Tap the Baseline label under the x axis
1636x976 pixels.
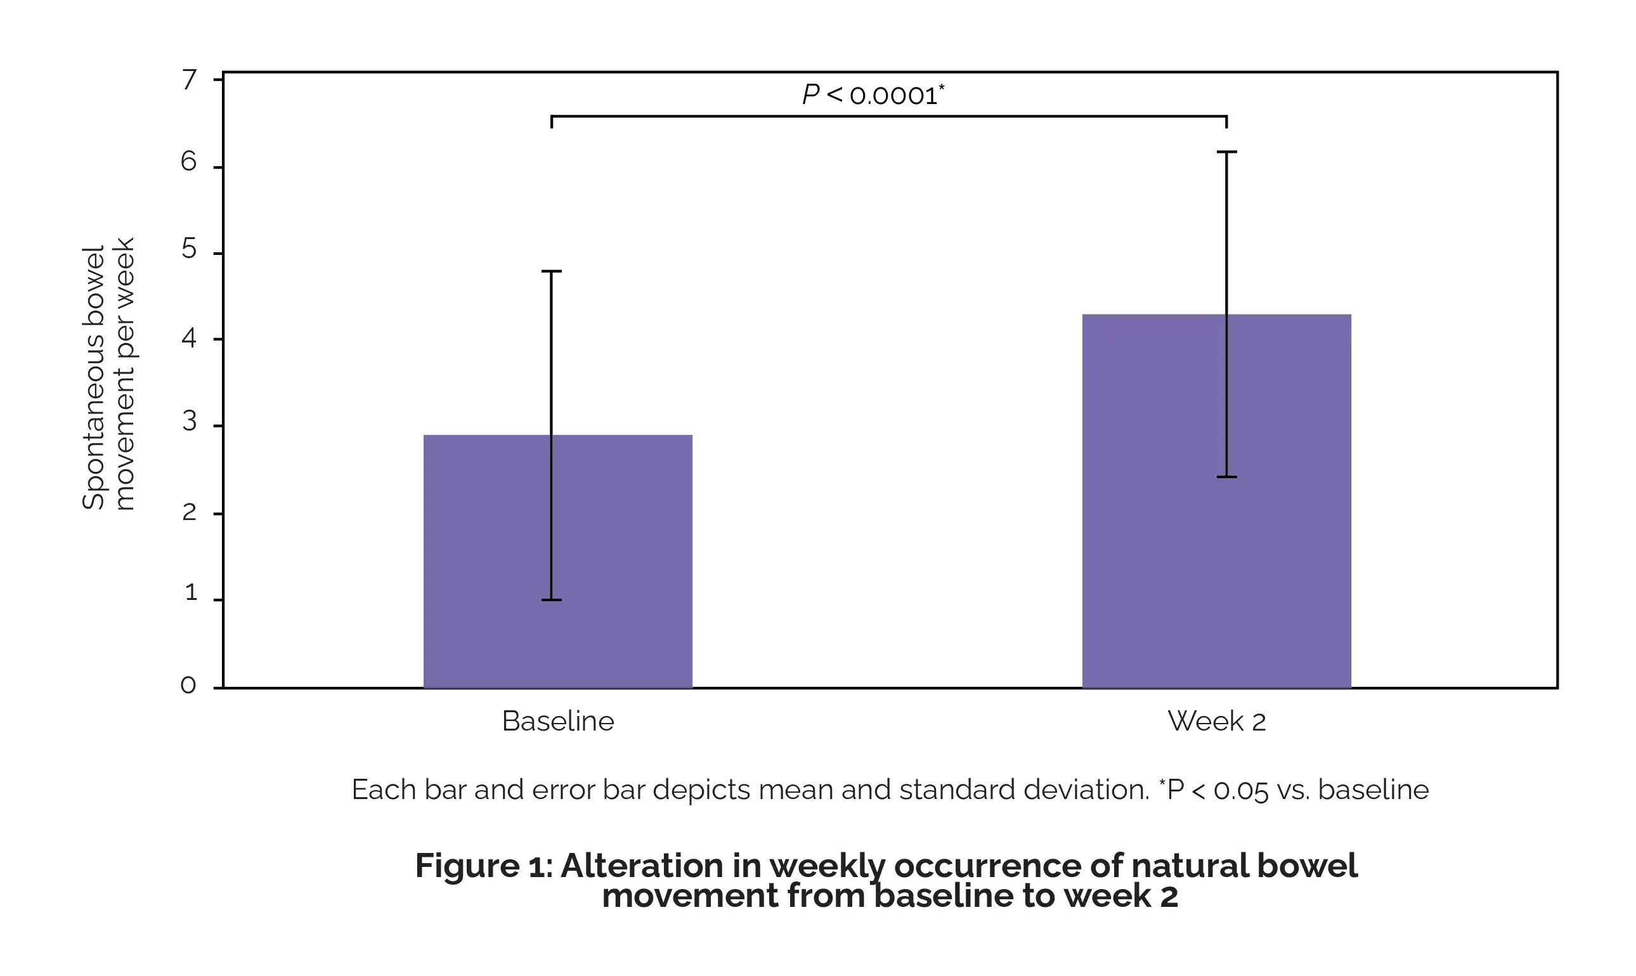[x=557, y=722]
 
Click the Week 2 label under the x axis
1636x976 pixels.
[x=1216, y=722]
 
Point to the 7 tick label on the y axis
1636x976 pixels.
[x=190, y=79]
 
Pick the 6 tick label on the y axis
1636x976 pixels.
[x=189, y=162]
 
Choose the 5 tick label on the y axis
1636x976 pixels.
[x=190, y=249]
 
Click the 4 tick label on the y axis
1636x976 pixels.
[x=190, y=338]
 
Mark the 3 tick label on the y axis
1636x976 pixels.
[x=190, y=422]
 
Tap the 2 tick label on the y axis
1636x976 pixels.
[x=190, y=512]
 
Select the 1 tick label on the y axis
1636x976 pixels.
[x=191, y=592]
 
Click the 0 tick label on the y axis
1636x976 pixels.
[x=188, y=686]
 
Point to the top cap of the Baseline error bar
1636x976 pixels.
[x=551, y=271]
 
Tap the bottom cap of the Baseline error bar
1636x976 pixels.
[x=551, y=600]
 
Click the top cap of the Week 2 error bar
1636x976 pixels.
[x=1226, y=152]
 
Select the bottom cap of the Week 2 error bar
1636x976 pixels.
[x=1226, y=477]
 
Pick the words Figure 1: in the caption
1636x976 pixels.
[x=484, y=866]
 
